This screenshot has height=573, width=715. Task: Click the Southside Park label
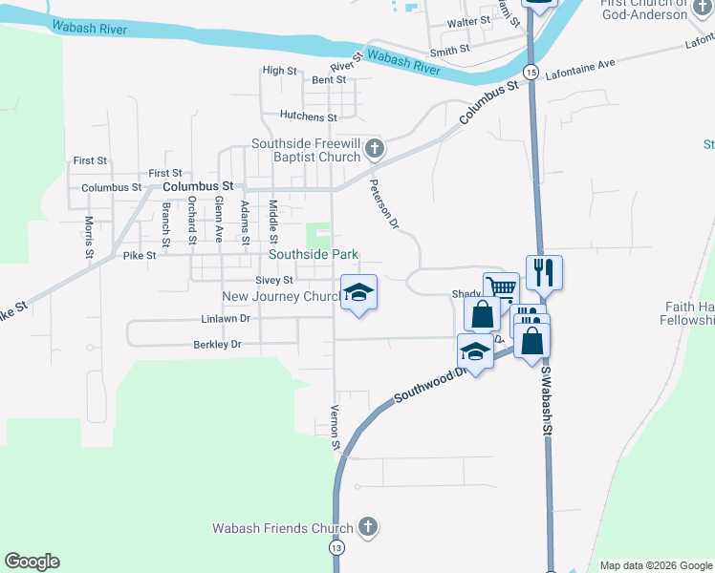click(x=314, y=255)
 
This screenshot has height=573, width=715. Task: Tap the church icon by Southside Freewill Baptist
click(x=375, y=149)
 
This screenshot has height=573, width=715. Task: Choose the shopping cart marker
click(x=501, y=288)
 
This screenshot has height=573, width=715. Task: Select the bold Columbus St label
click(x=198, y=186)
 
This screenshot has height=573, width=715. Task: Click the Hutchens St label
click(x=309, y=117)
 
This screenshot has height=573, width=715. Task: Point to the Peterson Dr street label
click(x=383, y=202)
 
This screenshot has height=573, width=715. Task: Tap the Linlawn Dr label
click(x=226, y=319)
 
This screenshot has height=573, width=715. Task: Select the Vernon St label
click(x=336, y=427)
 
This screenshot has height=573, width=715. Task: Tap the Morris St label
click(x=88, y=237)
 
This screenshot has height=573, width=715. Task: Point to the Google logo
click(x=32, y=562)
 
